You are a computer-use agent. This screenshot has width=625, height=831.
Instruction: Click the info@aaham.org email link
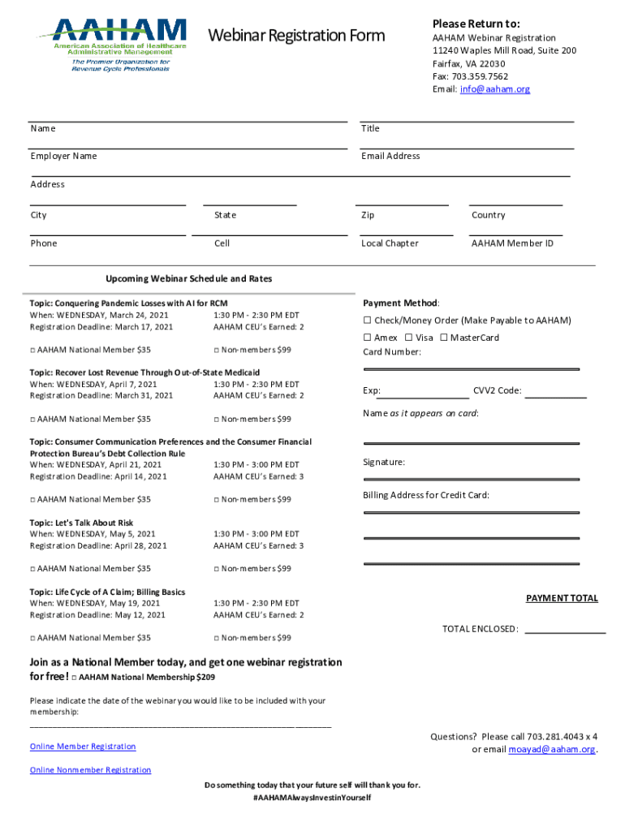(494, 89)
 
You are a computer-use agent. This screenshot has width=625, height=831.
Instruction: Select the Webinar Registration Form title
(296, 36)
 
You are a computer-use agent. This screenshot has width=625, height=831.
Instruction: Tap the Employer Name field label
(63, 156)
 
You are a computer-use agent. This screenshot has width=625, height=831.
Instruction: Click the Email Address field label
(390, 156)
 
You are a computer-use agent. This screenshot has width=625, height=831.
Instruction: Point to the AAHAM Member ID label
(512, 243)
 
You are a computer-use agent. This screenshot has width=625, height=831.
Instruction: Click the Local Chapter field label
(390, 243)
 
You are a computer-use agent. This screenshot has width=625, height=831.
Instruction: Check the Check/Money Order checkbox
(367, 321)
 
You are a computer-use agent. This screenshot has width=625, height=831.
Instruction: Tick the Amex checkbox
(367, 338)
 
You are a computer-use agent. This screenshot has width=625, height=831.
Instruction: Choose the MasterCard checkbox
(443, 338)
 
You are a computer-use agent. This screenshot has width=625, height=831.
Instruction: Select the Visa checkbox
(408, 338)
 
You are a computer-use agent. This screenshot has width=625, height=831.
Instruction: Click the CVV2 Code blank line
(555, 396)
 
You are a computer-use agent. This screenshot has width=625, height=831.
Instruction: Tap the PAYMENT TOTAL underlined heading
(562, 598)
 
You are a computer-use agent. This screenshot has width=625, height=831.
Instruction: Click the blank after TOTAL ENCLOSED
(565, 630)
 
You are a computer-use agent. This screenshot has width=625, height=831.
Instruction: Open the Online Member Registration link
(83, 747)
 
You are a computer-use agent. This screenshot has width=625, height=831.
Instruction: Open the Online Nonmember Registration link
(90, 770)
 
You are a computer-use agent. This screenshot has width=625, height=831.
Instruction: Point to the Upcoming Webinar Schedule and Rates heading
(188, 278)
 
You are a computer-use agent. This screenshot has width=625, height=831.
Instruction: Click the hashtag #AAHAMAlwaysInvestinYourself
(312, 798)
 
